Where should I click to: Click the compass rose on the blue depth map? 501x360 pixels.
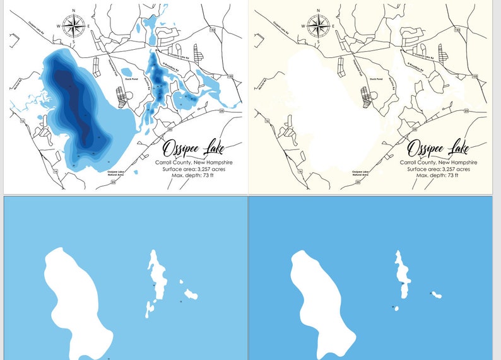[74, 25]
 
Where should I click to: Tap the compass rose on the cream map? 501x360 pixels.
[318, 25]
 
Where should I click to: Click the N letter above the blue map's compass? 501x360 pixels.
[74, 11]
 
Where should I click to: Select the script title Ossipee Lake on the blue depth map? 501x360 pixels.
[193, 149]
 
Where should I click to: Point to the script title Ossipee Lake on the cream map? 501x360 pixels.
[437, 149]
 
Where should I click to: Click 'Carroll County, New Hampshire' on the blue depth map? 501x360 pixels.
[194, 163]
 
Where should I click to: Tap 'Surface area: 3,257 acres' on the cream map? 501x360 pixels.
[438, 169]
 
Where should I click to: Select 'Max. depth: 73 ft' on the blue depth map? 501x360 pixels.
[194, 175]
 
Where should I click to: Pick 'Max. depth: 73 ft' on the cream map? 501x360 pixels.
[438, 175]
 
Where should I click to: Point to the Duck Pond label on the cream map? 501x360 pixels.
[377, 79]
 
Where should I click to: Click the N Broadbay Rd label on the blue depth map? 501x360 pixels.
[172, 62]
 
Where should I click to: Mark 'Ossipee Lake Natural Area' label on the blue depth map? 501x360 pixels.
[115, 173]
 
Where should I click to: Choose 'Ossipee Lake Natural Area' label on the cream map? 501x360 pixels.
[360, 173]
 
